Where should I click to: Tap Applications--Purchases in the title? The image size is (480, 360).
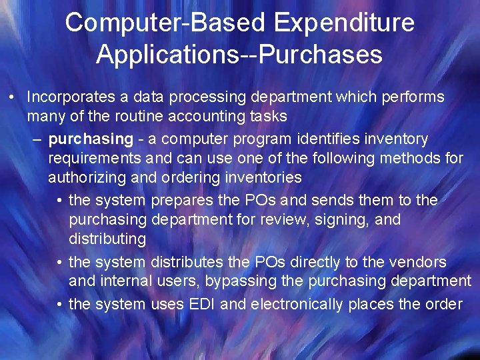click(239, 55)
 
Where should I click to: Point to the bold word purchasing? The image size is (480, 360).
click(91, 139)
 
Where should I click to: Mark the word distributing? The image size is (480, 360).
click(107, 239)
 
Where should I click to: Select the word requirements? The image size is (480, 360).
click(95, 159)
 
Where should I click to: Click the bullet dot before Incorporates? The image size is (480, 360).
click(14, 97)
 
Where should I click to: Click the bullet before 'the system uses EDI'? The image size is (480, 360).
click(59, 305)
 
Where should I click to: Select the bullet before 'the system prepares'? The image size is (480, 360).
click(59, 201)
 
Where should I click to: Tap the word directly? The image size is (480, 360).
click(289, 262)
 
